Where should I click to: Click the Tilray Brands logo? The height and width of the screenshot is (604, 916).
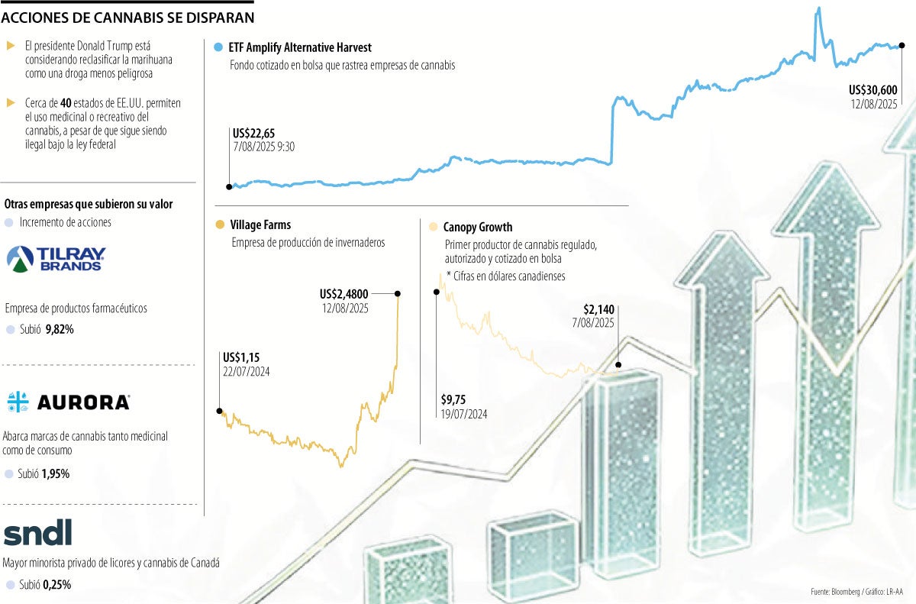coord(56,259)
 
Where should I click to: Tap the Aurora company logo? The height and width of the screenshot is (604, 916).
coord(68,402)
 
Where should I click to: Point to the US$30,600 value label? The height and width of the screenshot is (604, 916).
coord(872,89)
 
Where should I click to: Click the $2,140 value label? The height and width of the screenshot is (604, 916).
coord(599,309)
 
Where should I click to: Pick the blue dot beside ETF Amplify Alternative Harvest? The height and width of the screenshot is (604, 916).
coord(219,47)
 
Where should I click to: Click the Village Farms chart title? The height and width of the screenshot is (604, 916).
coord(260,225)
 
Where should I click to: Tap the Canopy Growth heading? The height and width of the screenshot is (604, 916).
coord(477,228)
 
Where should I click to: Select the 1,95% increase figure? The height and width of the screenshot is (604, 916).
coord(56,473)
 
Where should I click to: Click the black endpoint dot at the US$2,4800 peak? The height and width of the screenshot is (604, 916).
coord(398,293)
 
